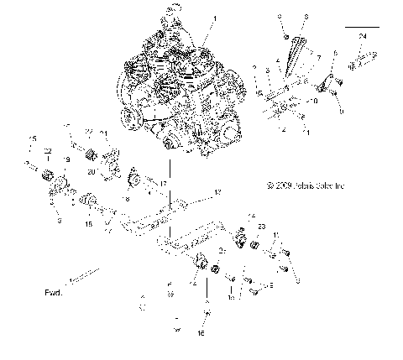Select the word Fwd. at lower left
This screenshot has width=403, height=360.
(x=54, y=294)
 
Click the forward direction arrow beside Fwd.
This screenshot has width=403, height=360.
(x=85, y=274)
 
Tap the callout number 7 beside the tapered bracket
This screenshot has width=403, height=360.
(x=318, y=59)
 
